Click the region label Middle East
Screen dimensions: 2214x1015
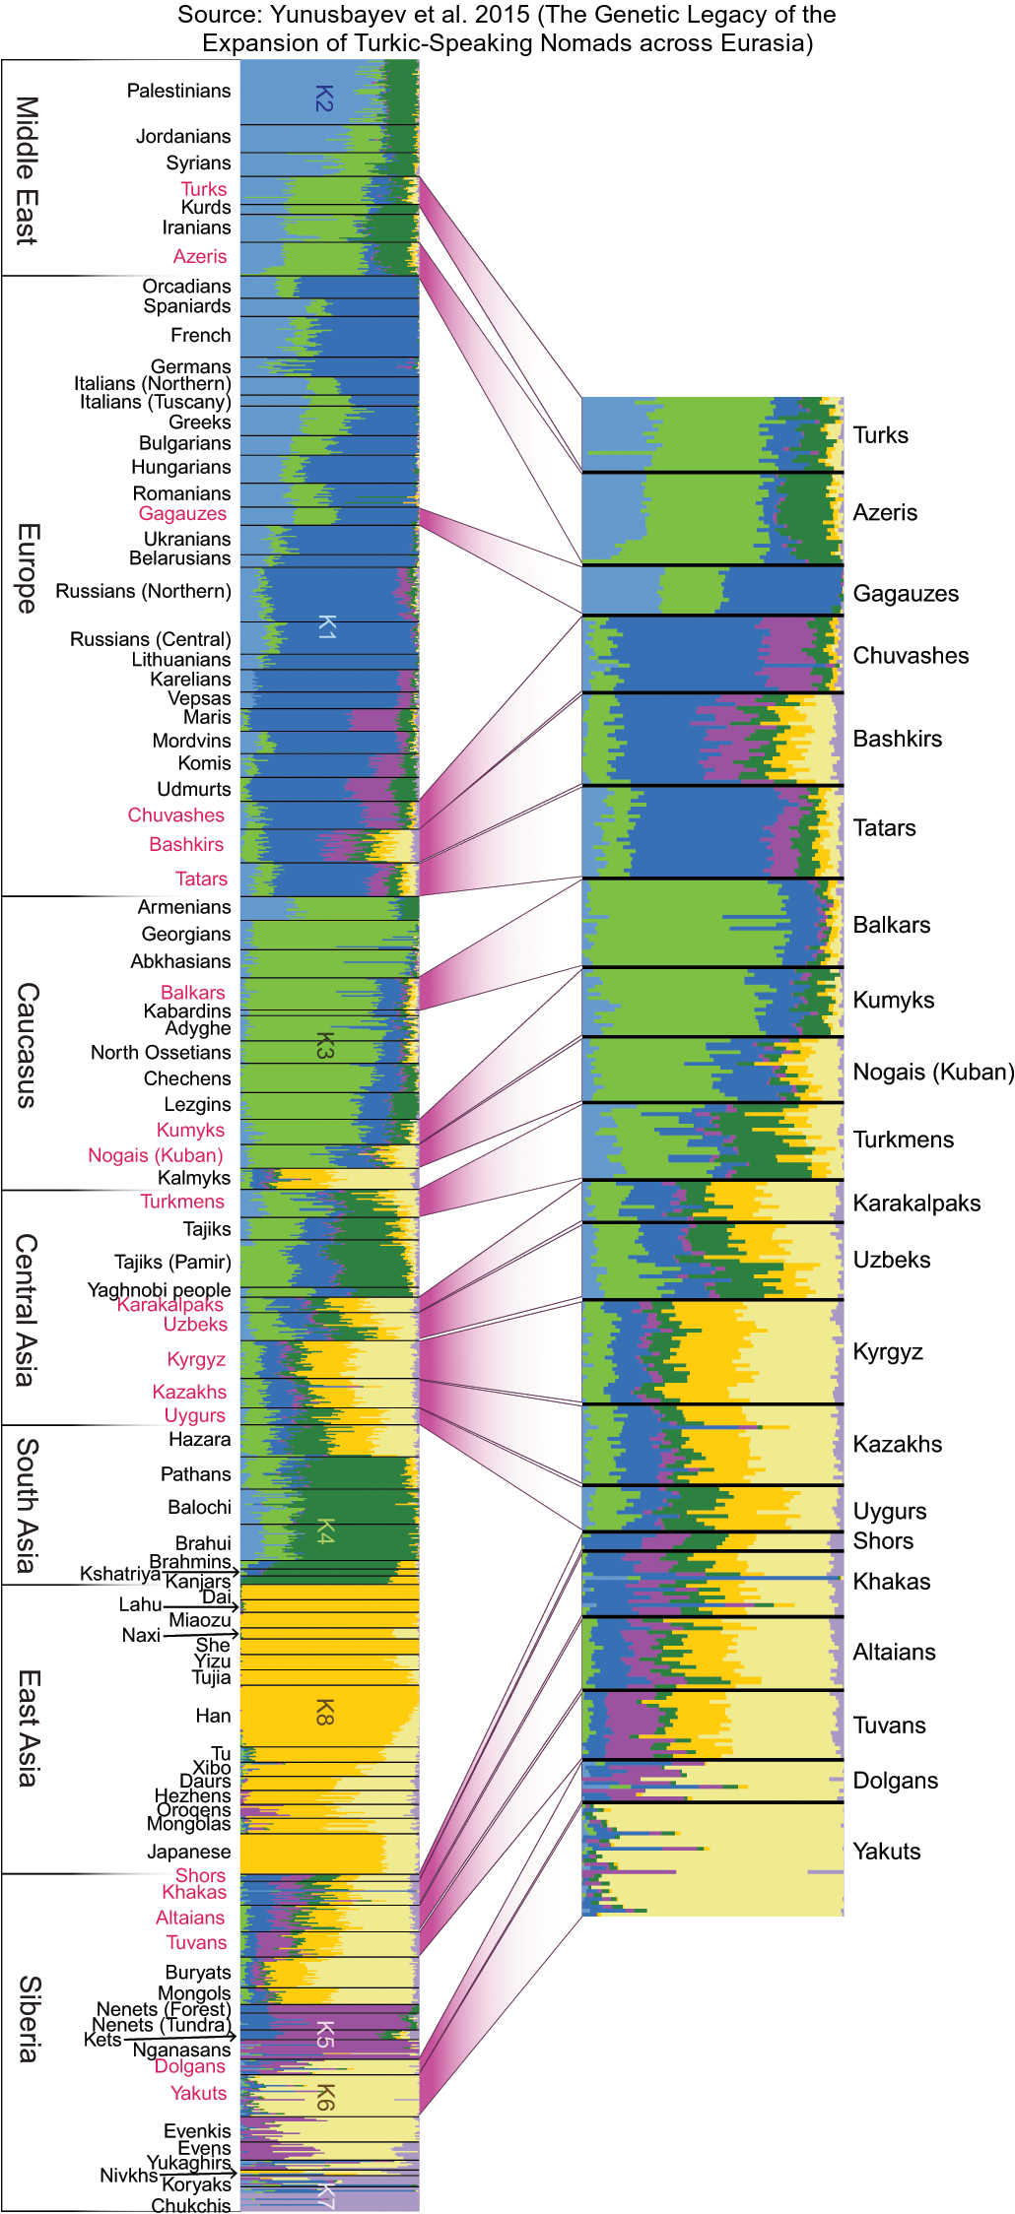pyautogui.click(x=27, y=169)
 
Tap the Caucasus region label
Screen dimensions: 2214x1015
pyautogui.click(x=27, y=1044)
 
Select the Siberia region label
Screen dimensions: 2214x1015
pyautogui.click(x=29, y=2018)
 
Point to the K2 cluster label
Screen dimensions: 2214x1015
pyautogui.click(x=324, y=98)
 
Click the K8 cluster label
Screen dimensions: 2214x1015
pyautogui.click(x=324, y=1712)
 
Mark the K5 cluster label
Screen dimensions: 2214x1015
pyautogui.click(x=324, y=2034)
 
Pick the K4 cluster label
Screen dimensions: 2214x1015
pyautogui.click(x=325, y=1531)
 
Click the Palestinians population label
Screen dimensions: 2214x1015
pyautogui.click(x=178, y=91)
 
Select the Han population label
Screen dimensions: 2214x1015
pyautogui.click(x=213, y=1716)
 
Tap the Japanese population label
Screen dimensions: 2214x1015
pyautogui.click(x=188, y=1852)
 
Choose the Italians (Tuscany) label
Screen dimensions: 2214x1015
pyautogui.click(x=155, y=402)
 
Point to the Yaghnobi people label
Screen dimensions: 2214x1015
pyautogui.click(x=159, y=1289)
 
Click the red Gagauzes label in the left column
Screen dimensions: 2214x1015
pyautogui.click(x=182, y=513)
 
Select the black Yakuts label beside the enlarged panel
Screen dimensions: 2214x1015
pyautogui.click(x=886, y=1852)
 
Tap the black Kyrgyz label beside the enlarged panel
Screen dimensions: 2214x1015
pyautogui.click(x=887, y=1351)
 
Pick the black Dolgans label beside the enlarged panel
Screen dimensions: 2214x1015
pyautogui.click(x=895, y=1781)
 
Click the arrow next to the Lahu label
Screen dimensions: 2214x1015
pyautogui.click(x=201, y=1606)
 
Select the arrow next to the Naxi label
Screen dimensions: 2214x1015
pyautogui.click(x=201, y=1635)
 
